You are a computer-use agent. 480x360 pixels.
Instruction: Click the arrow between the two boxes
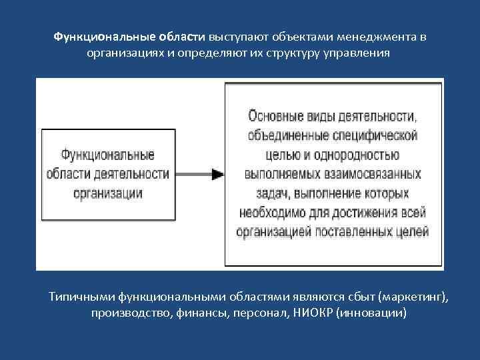(199, 174)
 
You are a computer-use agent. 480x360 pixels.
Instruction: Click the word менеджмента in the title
(370, 37)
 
